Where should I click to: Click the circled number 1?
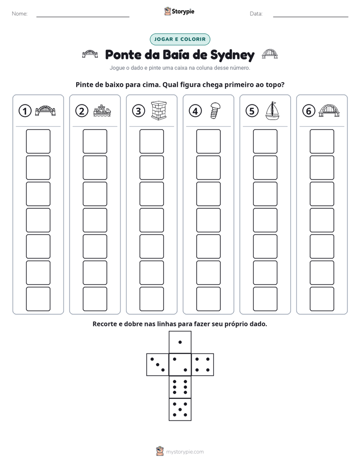click(x=25, y=111)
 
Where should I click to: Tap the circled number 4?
click(x=195, y=111)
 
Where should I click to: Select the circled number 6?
click(x=309, y=111)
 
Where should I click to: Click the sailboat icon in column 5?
click(x=272, y=111)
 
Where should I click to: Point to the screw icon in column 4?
click(x=215, y=111)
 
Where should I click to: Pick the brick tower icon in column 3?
click(x=159, y=110)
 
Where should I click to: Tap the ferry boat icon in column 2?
click(x=102, y=111)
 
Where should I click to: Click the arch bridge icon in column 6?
click(x=329, y=110)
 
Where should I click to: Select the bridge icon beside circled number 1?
click(x=45, y=110)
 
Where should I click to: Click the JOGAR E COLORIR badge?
click(x=180, y=39)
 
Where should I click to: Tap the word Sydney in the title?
click(x=232, y=55)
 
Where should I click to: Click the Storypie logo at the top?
click(x=179, y=12)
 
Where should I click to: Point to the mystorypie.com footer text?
click(x=185, y=452)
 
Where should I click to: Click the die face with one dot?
click(x=180, y=342)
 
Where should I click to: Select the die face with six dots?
click(x=180, y=387)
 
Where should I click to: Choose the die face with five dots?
click(x=180, y=410)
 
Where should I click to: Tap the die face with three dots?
click(x=158, y=365)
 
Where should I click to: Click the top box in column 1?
click(x=38, y=141)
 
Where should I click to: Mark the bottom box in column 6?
click(x=322, y=299)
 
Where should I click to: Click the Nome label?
click(x=20, y=14)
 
